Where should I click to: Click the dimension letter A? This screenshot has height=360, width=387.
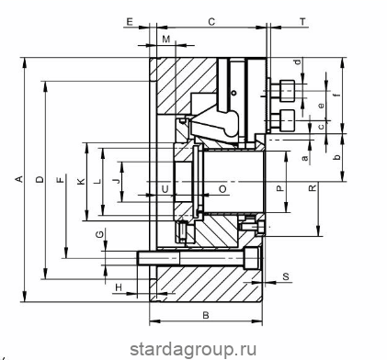[19, 179]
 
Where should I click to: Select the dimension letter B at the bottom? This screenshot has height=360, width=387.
[206, 315]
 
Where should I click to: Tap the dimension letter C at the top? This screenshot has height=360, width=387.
[211, 22]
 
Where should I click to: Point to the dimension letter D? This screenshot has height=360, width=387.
[40, 179]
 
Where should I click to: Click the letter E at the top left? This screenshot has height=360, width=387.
[130, 22]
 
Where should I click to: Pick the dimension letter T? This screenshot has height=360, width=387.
[302, 22]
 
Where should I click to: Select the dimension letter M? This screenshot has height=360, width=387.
[165, 39]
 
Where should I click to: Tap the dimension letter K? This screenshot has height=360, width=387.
[81, 182]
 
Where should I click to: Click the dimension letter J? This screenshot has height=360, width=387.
[117, 181]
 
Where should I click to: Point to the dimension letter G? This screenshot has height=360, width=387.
[99, 235]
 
